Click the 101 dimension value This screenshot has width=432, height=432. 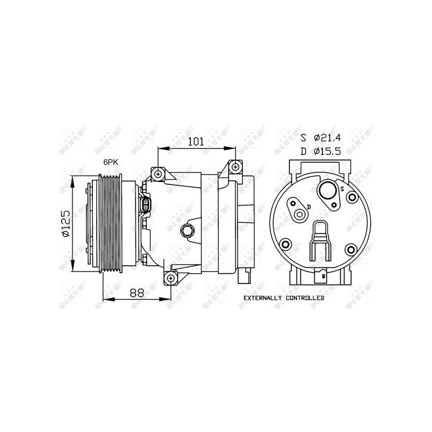pyautogui.click(x=196, y=141)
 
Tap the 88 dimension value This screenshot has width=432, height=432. pyautogui.click(x=137, y=293)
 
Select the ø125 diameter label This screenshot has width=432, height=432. pyautogui.click(x=66, y=224)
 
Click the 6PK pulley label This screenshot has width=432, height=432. pyautogui.click(x=111, y=163)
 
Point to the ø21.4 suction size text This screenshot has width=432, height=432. pyautogui.click(x=327, y=138)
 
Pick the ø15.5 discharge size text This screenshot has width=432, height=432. pyautogui.click(x=327, y=151)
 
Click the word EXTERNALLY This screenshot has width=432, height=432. pyautogui.click(x=262, y=298)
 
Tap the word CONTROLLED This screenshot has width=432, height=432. pyautogui.click(x=305, y=298)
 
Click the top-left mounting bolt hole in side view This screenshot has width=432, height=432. pyautogui.click(x=158, y=174)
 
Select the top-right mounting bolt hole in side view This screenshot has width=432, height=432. pyautogui.click(x=235, y=167)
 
